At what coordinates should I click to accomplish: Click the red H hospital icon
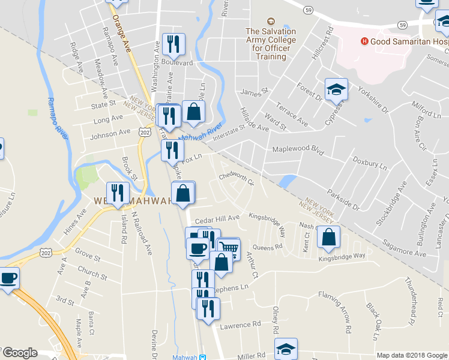(364, 41)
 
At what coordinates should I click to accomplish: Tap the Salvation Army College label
(270, 44)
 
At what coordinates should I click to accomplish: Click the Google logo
(20, 353)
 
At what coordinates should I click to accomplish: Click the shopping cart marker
(229, 247)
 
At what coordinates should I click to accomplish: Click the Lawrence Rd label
(240, 324)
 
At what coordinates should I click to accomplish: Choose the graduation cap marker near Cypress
(336, 89)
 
